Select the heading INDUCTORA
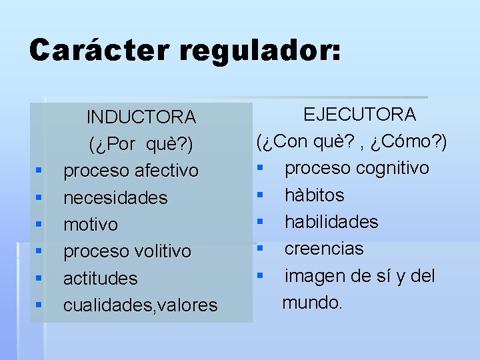[x=141, y=117]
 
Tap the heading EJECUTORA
[x=360, y=115]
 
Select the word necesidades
[x=115, y=198]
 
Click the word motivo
[x=91, y=225]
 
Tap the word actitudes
[x=100, y=278]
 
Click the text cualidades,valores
[x=140, y=305]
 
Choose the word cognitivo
[x=393, y=168]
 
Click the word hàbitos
[x=315, y=195]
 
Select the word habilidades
[x=331, y=222]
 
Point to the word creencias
[x=324, y=249]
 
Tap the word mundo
[x=312, y=303]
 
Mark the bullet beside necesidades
[x=39, y=198]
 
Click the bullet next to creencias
[x=262, y=249]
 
